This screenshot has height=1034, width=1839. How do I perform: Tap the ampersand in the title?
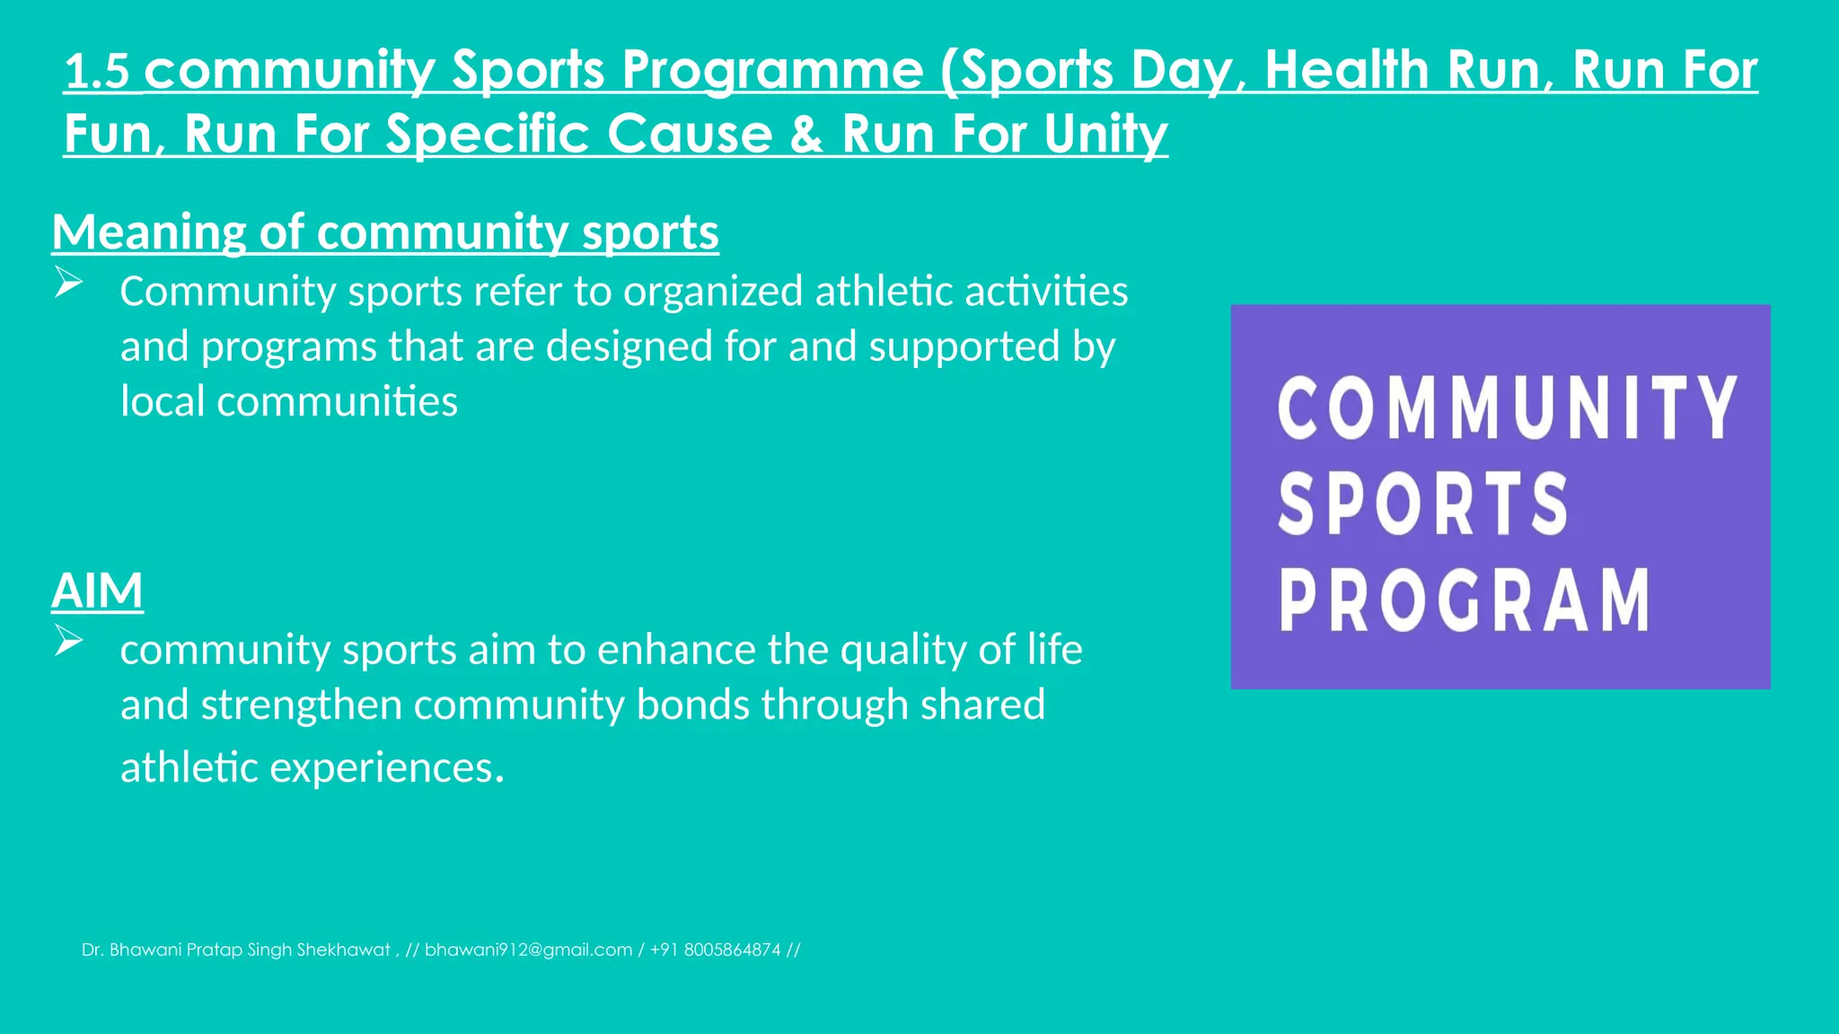[x=807, y=135]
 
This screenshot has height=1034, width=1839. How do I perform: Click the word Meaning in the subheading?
[x=148, y=232]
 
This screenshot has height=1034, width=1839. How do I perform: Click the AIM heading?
[x=97, y=591]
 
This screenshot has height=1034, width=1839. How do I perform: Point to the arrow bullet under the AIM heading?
[x=68, y=640]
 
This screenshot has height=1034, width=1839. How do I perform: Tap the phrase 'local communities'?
[x=289, y=401]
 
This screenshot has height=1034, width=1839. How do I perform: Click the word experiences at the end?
[x=386, y=767]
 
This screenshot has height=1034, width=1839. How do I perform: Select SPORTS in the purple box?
[x=1422, y=504]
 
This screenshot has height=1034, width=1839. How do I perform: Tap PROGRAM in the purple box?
[x=1464, y=600]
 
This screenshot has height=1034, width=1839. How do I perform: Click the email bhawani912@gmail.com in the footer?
[x=528, y=950]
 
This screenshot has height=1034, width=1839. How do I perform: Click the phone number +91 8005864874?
[x=716, y=950]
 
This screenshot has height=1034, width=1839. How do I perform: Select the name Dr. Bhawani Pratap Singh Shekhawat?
[x=236, y=950]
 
